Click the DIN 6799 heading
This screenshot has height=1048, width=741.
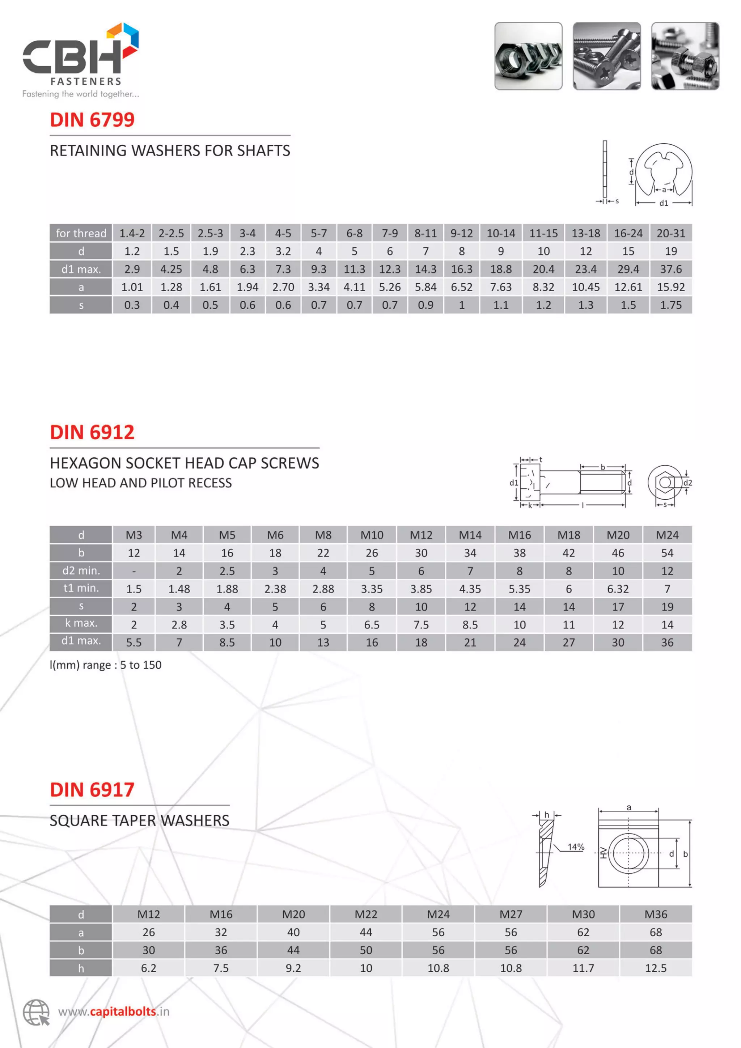[92, 120]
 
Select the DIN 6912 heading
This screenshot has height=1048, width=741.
[92, 432]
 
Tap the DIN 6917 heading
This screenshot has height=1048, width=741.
[92, 790]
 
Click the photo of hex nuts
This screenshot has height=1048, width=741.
[528, 56]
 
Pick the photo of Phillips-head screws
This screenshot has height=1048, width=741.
[606, 56]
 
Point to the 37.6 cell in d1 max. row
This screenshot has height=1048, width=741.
[671, 269]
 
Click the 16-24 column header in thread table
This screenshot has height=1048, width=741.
[628, 233]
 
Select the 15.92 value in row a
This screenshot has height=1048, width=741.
[671, 287]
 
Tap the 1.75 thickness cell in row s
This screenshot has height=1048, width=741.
[671, 305]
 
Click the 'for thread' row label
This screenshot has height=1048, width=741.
[81, 233]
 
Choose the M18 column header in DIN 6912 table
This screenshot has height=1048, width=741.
[568, 535]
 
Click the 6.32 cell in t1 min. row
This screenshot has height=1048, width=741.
[618, 589]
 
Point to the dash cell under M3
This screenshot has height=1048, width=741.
[134, 571]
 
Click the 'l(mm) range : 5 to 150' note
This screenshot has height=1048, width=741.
[105, 665]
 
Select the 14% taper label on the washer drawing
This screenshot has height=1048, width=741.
[576, 847]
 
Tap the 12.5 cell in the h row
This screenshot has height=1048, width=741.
[656, 968]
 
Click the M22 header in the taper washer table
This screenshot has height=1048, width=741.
[366, 914]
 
